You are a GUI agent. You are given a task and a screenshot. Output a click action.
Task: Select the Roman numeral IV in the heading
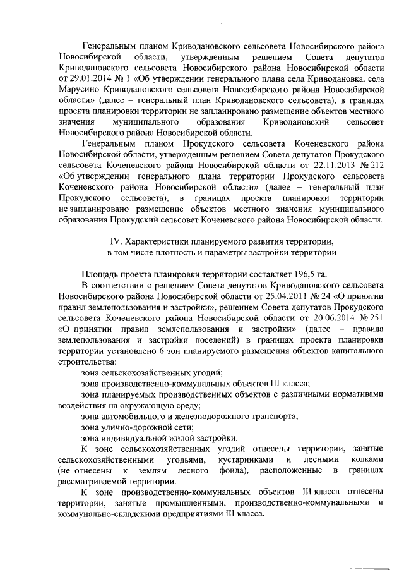pyautogui.click(x=115, y=241)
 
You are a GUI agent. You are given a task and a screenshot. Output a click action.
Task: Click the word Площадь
pyautogui.click(x=101, y=275)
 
